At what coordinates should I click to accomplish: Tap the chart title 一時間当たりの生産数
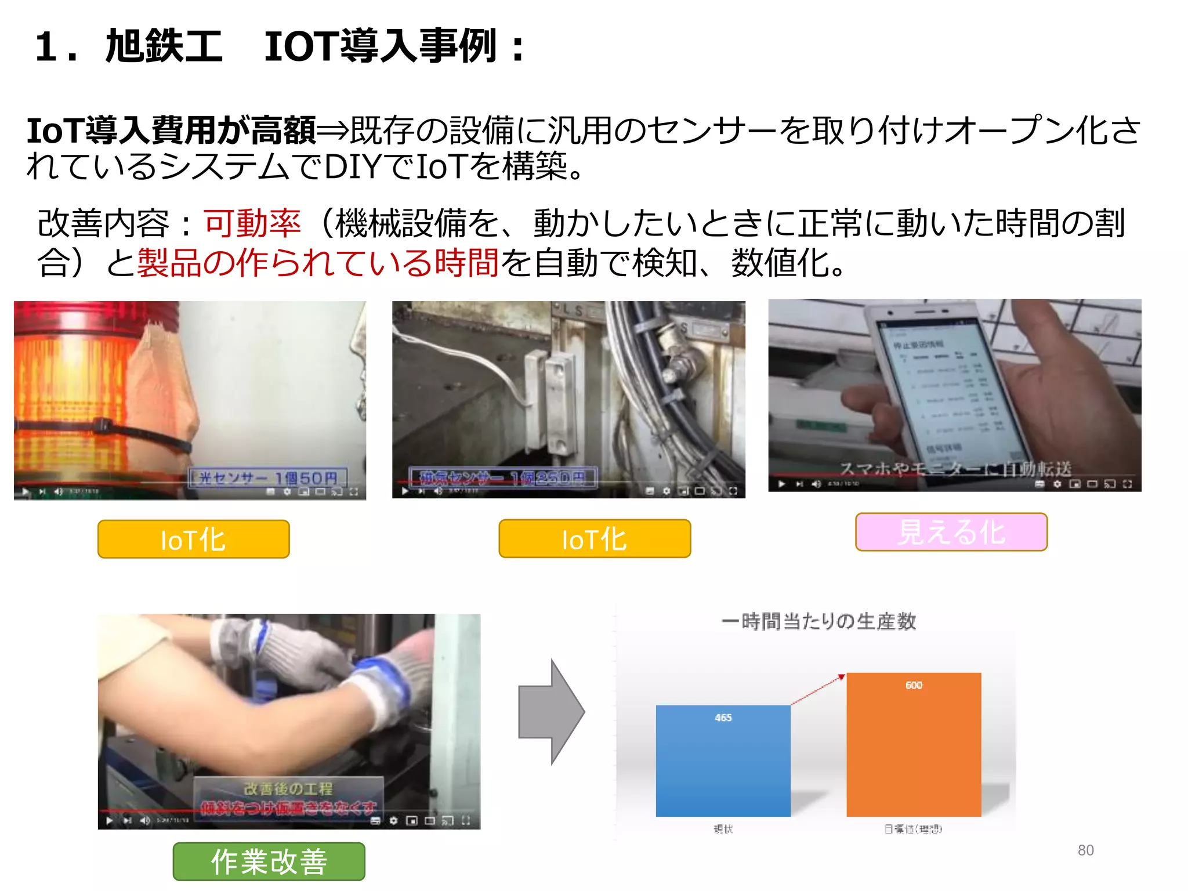click(818, 621)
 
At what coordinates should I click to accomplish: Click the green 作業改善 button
click(269, 861)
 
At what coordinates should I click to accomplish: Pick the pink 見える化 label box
click(951, 532)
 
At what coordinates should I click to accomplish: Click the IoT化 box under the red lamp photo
click(194, 539)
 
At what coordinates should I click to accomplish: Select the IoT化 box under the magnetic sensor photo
click(595, 539)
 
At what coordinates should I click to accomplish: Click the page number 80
click(1085, 850)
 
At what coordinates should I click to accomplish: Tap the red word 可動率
click(252, 223)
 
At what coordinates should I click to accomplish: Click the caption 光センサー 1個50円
click(268, 478)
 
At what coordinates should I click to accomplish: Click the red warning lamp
click(75, 394)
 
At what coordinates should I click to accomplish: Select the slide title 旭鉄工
click(164, 46)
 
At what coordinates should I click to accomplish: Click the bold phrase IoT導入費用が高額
click(172, 131)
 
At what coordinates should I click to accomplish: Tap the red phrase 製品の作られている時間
click(318, 263)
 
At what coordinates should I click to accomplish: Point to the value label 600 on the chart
click(914, 685)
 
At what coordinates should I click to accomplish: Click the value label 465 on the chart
click(723, 718)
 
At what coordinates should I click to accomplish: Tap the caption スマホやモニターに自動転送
click(955, 469)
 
